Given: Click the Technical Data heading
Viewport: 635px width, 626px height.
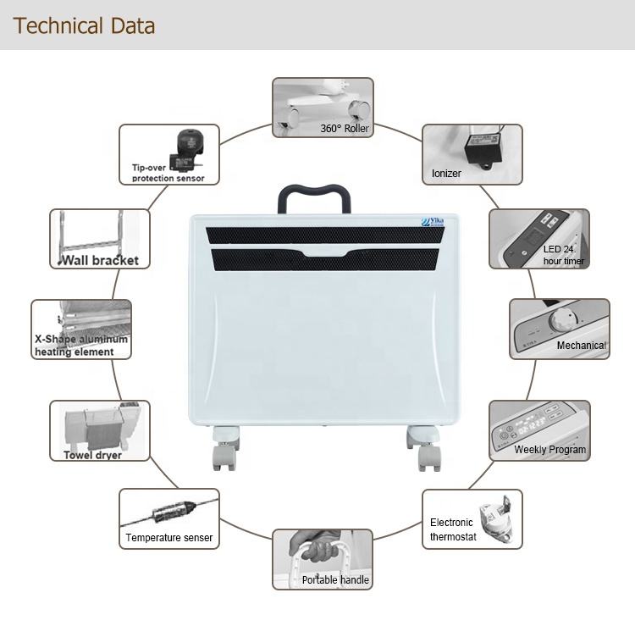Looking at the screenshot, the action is (x=85, y=25).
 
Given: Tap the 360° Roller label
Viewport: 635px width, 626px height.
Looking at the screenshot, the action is (x=345, y=129).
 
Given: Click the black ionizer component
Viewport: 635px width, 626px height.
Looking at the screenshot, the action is (x=479, y=149).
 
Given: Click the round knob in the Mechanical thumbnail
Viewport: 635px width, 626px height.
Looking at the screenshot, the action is (x=560, y=320).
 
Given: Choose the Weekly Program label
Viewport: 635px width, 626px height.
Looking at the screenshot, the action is (x=549, y=450).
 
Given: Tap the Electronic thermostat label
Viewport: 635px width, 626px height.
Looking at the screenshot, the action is (x=453, y=529).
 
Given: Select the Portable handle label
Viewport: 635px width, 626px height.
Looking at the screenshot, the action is (x=336, y=580).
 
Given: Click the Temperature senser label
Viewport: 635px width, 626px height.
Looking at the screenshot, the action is (x=169, y=538).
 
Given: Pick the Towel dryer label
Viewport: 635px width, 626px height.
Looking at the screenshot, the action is (x=93, y=455).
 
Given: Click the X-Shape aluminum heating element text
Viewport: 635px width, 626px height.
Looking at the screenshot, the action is (x=80, y=346).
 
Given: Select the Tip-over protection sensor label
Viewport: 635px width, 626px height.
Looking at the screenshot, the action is (x=168, y=173).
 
